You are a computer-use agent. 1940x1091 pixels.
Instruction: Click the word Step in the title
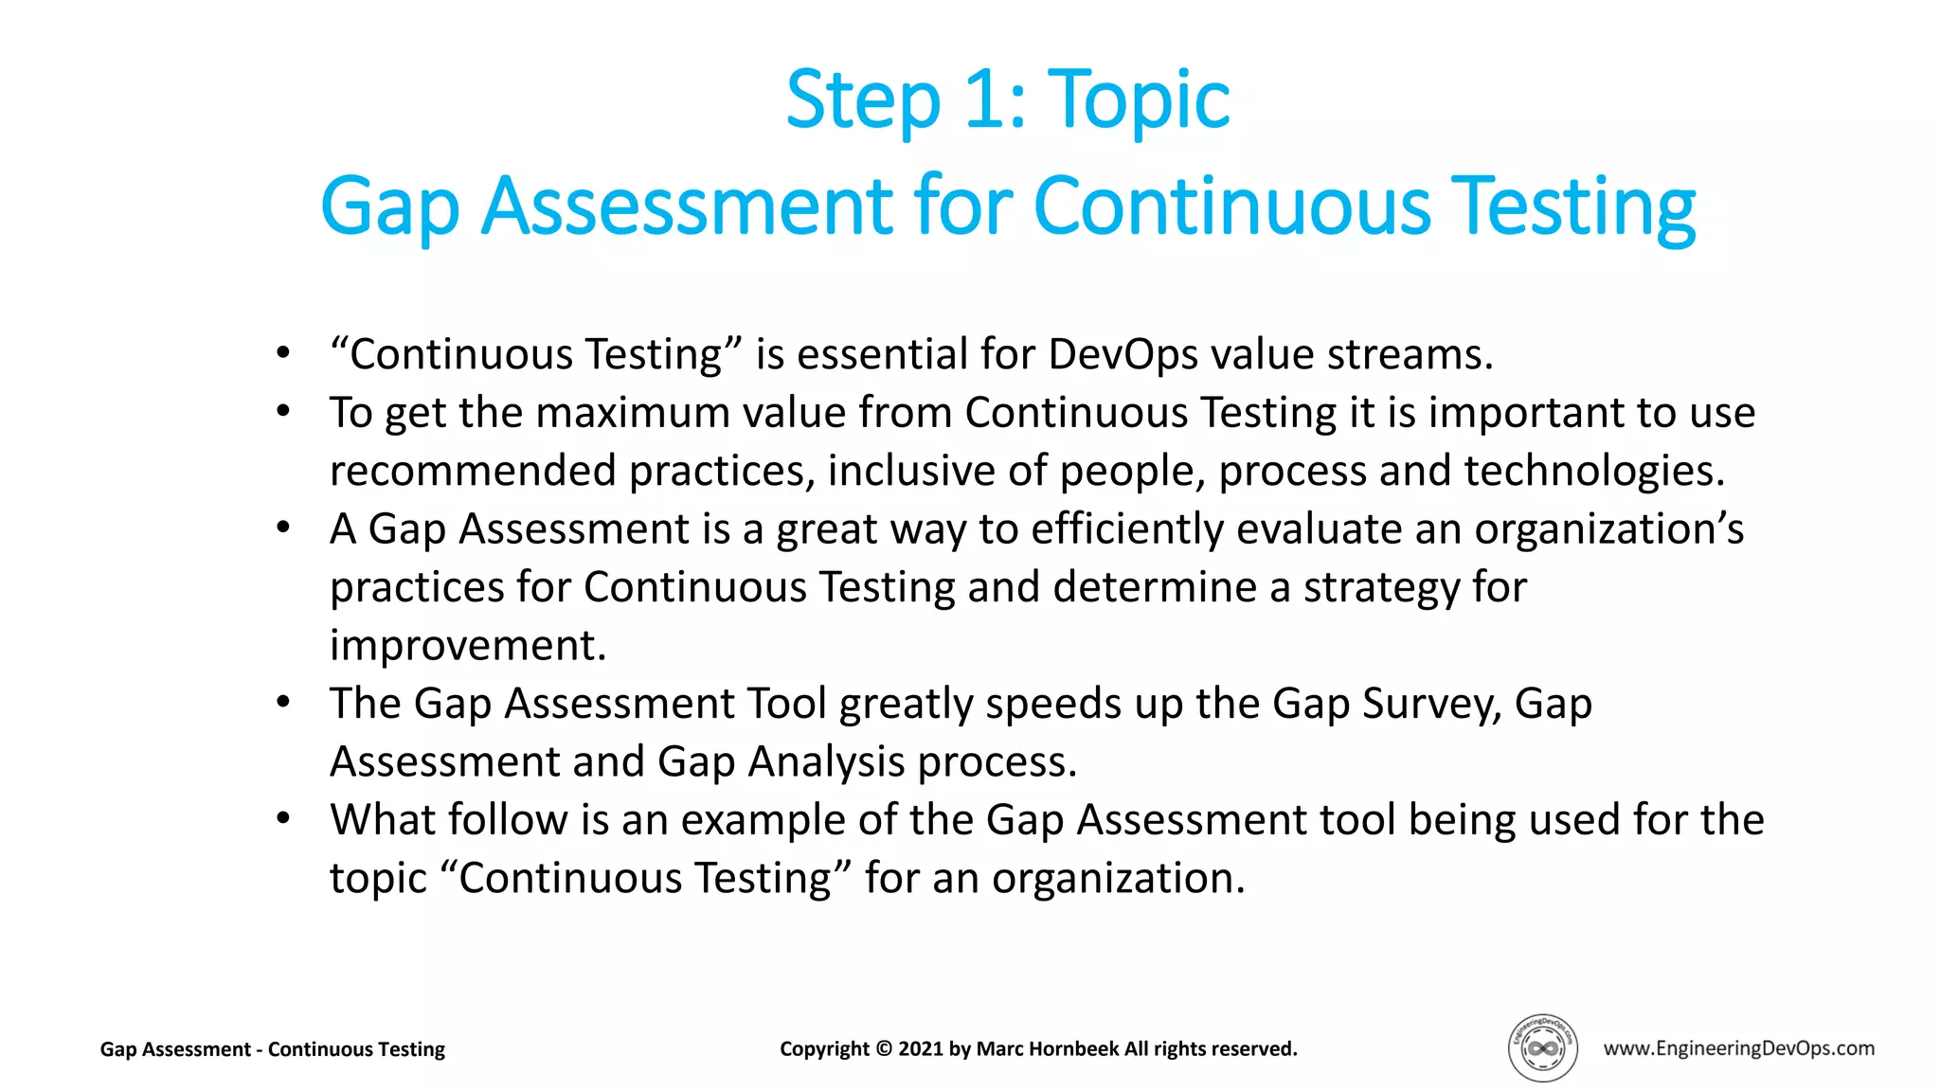[x=863, y=100]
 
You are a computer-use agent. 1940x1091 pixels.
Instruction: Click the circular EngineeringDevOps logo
[x=1542, y=1047]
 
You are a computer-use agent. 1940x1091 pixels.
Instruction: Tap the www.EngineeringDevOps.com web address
[x=1738, y=1047]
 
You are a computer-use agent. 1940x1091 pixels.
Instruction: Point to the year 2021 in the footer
[x=921, y=1048]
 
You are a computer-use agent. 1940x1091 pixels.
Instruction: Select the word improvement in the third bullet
[x=467, y=646]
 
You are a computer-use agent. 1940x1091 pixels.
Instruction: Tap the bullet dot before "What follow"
[x=283, y=818]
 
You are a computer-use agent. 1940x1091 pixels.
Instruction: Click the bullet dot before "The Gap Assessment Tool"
[x=283, y=702]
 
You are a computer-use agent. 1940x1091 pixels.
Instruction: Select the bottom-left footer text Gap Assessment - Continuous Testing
[x=273, y=1049]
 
